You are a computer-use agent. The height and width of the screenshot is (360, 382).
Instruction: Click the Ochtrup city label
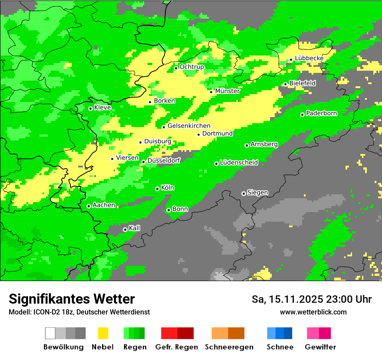tap(191, 67)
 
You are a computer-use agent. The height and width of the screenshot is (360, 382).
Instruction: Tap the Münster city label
tap(227, 91)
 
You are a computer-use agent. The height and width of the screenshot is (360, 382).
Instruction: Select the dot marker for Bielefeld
tap(285, 84)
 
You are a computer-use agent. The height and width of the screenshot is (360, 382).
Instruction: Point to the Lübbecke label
tap(309, 58)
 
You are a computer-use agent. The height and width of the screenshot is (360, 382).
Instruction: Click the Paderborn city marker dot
tap(302, 115)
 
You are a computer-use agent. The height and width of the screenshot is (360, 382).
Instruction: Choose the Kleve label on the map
tap(102, 108)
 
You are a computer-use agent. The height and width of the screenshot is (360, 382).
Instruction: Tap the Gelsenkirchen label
tap(189, 126)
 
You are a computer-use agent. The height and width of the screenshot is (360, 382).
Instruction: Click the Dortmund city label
tap(217, 134)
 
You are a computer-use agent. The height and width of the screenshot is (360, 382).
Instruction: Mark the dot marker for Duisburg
tap(140, 142)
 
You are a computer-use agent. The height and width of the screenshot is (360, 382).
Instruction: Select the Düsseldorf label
tap(164, 160)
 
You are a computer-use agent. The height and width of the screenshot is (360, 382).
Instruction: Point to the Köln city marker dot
tap(157, 189)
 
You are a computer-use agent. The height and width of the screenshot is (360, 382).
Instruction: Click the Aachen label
tap(104, 205)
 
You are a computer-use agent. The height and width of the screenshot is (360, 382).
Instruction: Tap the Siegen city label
tap(257, 193)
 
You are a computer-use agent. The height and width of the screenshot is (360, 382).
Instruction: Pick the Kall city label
tap(135, 228)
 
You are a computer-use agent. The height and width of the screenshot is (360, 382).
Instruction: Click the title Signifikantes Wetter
tap(72, 299)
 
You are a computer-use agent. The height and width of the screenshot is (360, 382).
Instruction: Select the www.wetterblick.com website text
tap(313, 312)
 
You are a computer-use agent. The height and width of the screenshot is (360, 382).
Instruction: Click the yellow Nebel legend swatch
tap(103, 333)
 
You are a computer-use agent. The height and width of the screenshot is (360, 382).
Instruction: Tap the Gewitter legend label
tap(320, 347)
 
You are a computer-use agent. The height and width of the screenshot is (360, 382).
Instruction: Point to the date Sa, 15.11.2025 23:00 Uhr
tap(311, 299)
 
